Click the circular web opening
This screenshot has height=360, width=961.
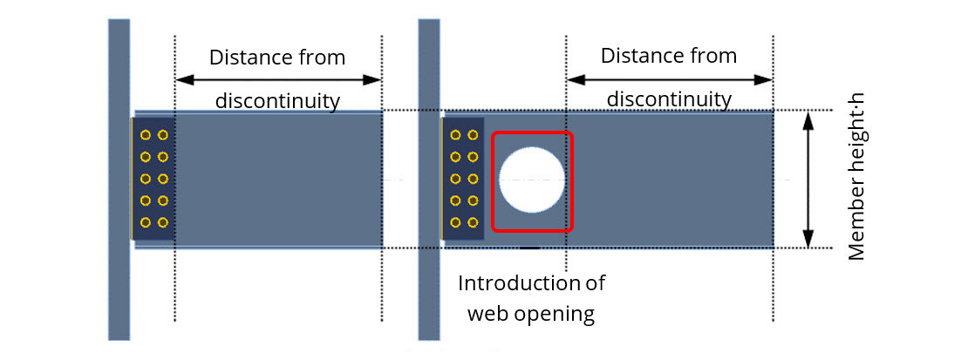tap(531, 180)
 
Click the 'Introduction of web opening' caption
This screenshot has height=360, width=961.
tap(531, 298)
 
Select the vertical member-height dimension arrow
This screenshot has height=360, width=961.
tap(808, 180)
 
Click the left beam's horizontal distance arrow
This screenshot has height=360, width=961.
tap(278, 80)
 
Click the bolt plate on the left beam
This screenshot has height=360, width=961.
tap(153, 179)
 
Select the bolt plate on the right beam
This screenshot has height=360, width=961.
tap(463, 179)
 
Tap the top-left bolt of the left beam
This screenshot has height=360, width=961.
tap(145, 135)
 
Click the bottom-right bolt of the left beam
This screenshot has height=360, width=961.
tap(162, 222)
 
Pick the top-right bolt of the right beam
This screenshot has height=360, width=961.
tap(472, 135)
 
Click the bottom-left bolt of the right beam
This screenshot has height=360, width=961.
tap(454, 222)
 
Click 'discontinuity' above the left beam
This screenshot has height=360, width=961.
tap(277, 101)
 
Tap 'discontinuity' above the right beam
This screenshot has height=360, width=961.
tap(669, 98)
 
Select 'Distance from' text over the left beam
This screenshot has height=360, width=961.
tap(277, 58)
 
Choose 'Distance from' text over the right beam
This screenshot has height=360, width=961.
tap(669, 56)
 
